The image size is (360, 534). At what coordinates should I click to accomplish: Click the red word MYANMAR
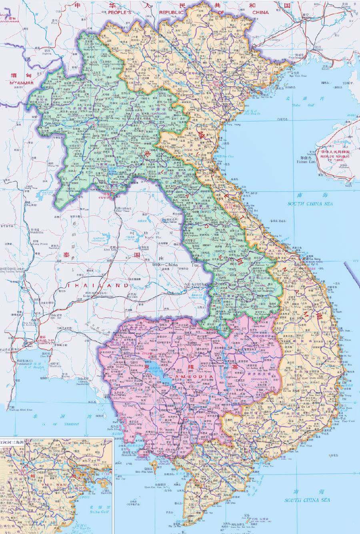pos(18,83)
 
